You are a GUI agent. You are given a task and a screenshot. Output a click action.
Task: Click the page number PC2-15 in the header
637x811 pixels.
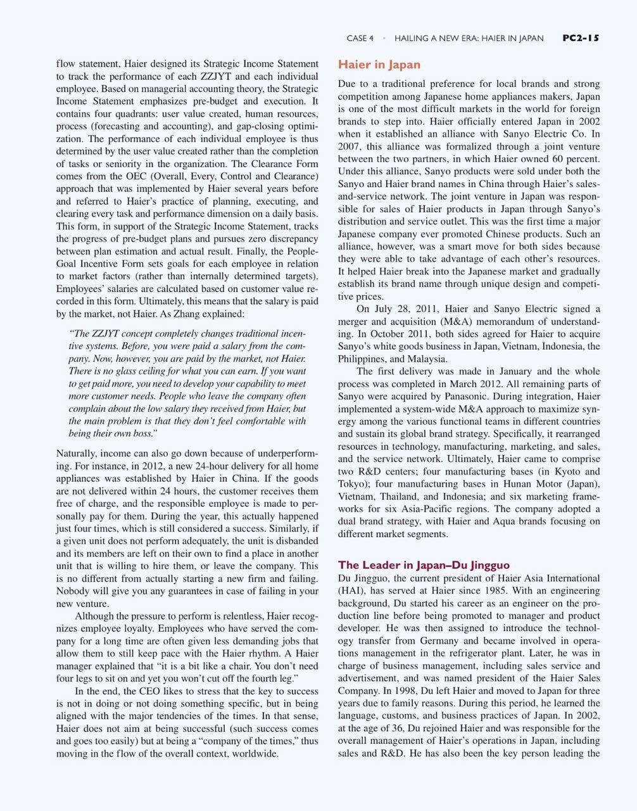point(580,38)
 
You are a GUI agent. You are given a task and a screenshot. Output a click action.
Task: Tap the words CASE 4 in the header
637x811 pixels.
point(360,39)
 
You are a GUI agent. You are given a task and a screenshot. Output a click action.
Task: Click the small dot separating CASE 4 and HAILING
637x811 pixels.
point(384,38)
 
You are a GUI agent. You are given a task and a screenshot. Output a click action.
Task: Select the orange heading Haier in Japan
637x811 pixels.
point(379,65)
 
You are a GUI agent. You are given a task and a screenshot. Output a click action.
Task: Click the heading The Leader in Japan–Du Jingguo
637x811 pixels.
point(424,565)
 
